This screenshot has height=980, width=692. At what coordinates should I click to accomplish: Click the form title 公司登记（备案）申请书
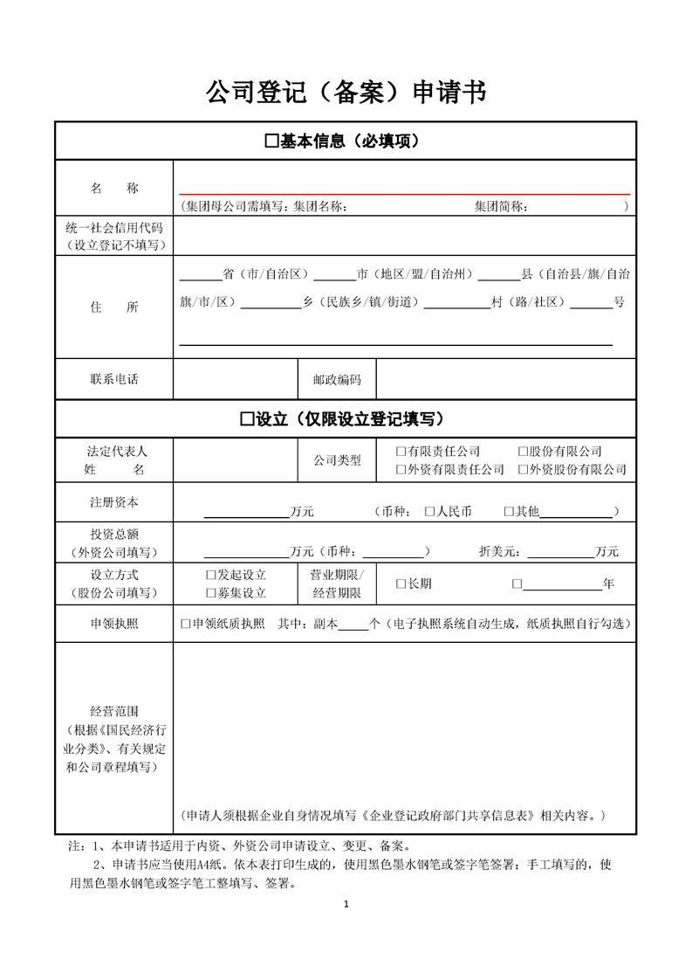click(x=346, y=91)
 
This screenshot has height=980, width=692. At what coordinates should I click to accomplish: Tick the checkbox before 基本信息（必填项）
click(x=271, y=141)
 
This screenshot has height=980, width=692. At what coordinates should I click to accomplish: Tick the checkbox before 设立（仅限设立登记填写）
click(x=247, y=419)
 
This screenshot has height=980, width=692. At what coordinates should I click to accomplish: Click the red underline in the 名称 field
click(x=404, y=193)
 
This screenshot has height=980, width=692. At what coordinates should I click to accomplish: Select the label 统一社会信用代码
click(x=113, y=227)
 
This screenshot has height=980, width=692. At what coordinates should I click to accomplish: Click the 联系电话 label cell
click(x=113, y=379)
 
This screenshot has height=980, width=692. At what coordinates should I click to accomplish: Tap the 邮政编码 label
click(x=337, y=380)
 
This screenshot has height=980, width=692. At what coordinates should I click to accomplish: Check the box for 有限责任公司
click(x=401, y=452)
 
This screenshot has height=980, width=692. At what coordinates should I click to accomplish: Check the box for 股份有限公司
click(x=523, y=452)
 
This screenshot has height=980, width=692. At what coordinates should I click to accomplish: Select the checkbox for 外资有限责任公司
click(x=401, y=469)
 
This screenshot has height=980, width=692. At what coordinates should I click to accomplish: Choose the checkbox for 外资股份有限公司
click(x=523, y=469)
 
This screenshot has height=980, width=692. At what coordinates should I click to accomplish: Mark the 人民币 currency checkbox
click(x=429, y=511)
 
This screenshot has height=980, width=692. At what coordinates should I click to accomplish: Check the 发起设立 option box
click(x=210, y=575)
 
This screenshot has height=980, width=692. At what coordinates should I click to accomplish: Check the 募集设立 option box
click(x=210, y=593)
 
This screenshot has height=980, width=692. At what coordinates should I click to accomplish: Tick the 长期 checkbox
click(x=401, y=583)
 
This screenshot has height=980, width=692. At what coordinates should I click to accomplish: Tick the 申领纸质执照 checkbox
click(x=185, y=624)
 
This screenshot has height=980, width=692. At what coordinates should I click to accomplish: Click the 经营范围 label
click(x=113, y=712)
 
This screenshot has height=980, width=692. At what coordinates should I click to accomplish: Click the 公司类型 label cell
click(x=337, y=460)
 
